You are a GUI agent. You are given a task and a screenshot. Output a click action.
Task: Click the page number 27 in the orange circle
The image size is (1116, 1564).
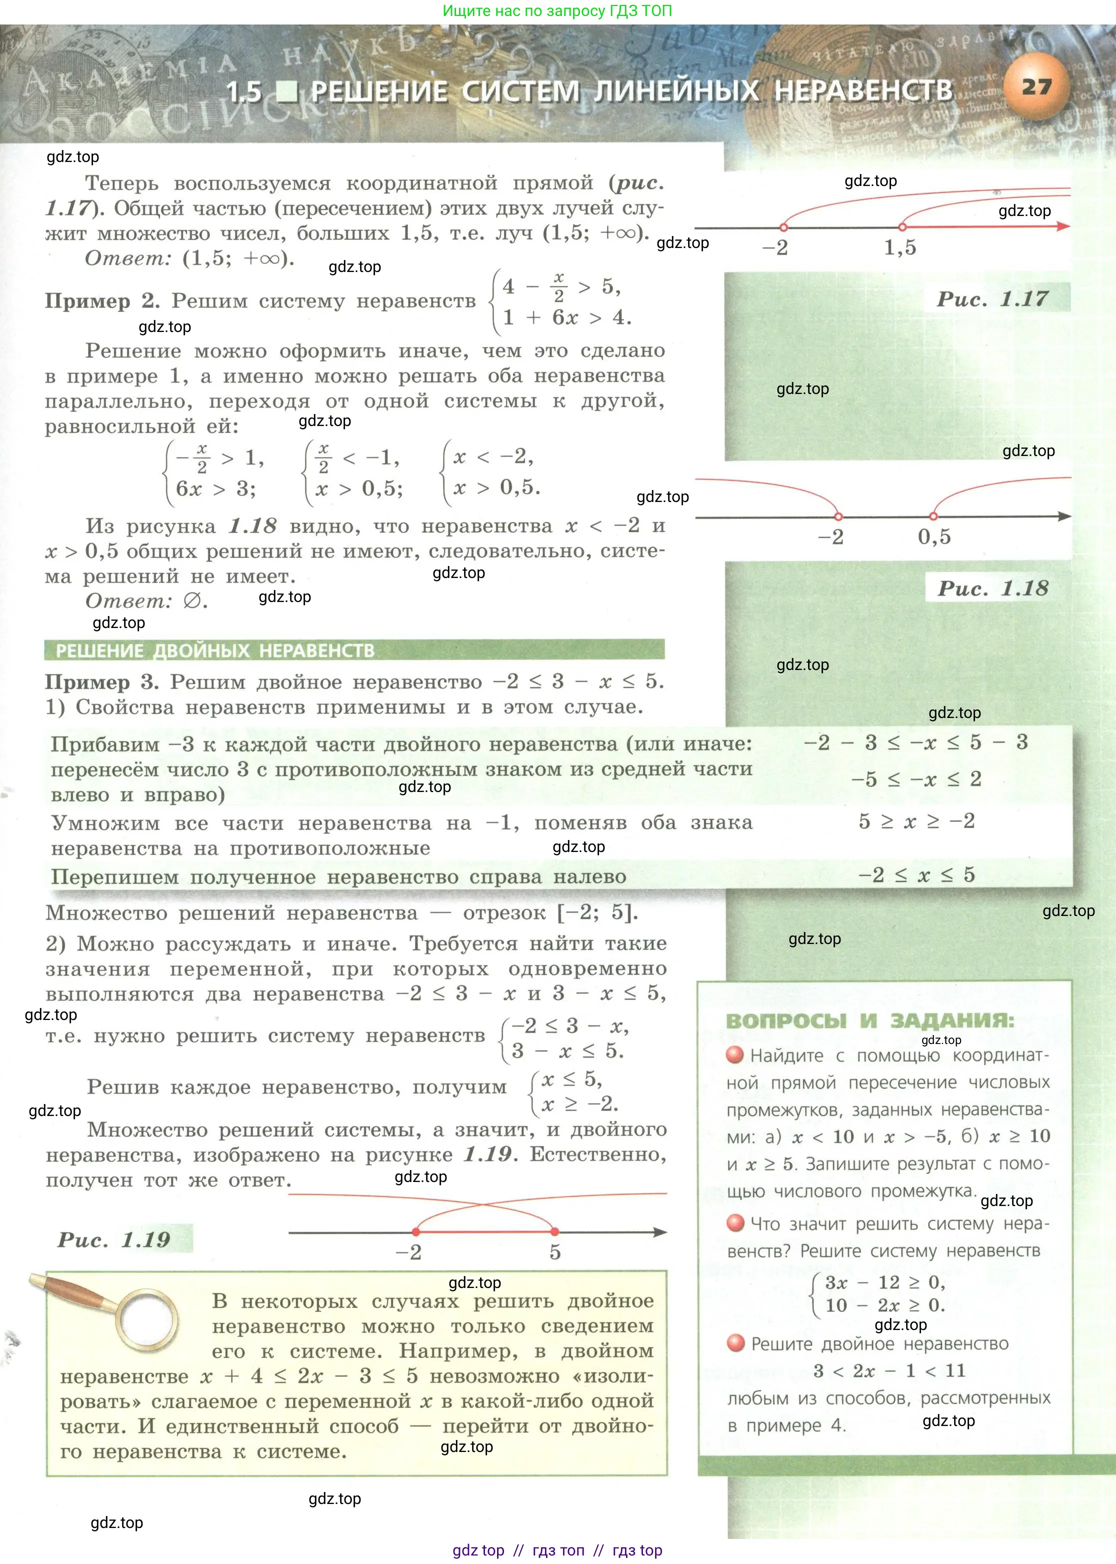[1036, 86]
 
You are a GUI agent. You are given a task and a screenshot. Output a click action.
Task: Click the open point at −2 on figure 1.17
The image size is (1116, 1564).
[783, 227]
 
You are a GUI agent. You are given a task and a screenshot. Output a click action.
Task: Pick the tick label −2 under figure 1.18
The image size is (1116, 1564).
[830, 536]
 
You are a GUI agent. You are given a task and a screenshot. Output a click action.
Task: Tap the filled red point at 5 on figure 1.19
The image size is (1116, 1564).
[554, 1232]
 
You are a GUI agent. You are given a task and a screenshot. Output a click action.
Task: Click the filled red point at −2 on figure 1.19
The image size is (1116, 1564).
[416, 1232]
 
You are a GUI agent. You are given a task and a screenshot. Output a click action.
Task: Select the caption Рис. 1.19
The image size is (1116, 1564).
[114, 1239]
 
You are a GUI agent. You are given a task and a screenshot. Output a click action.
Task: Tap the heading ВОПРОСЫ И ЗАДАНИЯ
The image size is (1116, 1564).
[869, 1021]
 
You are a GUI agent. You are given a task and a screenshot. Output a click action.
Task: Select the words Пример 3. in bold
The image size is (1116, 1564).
[101, 682]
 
